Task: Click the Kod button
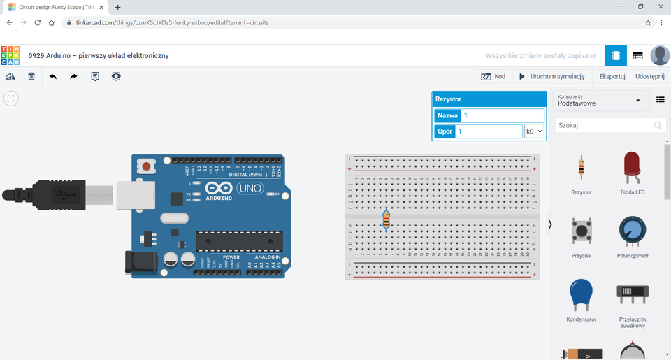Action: [x=493, y=76]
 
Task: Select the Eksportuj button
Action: [x=612, y=76]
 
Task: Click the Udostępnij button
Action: [x=649, y=76]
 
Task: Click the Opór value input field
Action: [x=488, y=131]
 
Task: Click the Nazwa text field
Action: [x=501, y=115]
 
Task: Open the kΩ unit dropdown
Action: [x=534, y=131]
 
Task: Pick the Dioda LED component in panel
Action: [x=633, y=168]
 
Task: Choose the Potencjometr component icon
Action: [x=633, y=231]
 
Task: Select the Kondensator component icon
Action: [x=581, y=294]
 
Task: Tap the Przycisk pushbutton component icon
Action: [x=581, y=231]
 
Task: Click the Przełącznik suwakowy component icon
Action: [x=632, y=294]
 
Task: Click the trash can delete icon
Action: [x=31, y=76]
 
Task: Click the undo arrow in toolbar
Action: [x=52, y=76]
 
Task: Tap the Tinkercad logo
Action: [x=10, y=55]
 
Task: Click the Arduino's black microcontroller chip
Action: [x=239, y=240]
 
